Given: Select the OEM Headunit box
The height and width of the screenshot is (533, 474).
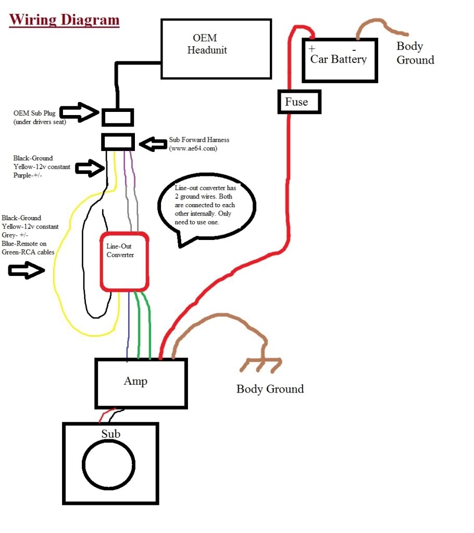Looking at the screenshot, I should (216, 49).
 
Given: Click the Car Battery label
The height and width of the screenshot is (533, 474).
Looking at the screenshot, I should (339, 59).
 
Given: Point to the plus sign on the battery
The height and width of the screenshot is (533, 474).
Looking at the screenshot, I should (312, 49).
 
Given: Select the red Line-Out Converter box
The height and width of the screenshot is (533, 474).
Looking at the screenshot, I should (125, 260).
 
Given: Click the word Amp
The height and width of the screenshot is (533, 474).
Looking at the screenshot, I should (135, 381).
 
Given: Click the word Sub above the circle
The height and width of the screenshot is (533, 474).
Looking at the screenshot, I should (110, 434).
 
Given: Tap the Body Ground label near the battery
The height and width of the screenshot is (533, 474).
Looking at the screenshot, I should (415, 53).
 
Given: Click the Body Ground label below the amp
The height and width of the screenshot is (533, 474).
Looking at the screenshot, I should (270, 389).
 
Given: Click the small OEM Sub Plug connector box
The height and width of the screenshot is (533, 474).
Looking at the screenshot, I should (117, 117).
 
